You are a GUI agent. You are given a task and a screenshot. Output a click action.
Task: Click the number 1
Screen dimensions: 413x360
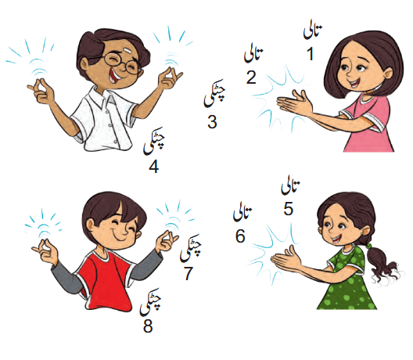(311, 54)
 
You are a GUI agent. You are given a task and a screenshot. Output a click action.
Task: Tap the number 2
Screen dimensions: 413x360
(251, 77)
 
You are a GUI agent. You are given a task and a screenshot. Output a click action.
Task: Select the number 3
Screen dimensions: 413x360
(212, 122)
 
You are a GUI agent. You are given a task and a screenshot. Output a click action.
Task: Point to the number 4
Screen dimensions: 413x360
(154, 167)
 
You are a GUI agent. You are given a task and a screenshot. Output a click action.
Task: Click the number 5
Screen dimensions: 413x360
(288, 209)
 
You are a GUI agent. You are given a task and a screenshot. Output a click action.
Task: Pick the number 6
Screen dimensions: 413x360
(240, 236)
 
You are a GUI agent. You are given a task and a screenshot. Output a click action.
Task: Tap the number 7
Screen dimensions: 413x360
(189, 273)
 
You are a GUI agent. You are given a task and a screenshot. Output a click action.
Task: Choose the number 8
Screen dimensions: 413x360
(148, 326)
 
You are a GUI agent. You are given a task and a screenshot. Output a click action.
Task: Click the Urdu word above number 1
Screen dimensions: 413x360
(313, 32)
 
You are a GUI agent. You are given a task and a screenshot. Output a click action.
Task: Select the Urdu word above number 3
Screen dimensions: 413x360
(214, 93)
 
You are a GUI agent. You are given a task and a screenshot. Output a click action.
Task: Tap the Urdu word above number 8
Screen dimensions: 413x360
(151, 302)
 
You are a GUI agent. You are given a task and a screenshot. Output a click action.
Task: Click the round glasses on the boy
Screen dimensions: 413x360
(122, 63)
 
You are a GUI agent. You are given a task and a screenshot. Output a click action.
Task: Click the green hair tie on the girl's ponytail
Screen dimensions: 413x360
(368, 247)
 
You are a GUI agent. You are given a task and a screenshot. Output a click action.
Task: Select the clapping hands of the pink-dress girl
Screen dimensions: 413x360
(294, 104)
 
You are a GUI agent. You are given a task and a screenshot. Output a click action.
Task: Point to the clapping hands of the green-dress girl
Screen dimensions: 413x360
(286, 258)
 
